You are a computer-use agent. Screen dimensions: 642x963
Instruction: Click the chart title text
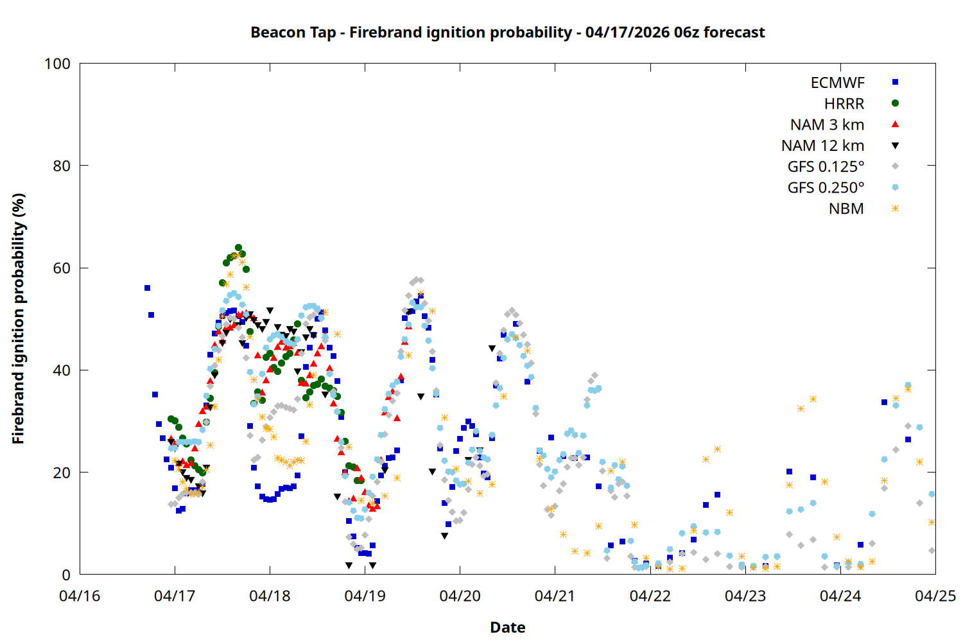(x=507, y=32)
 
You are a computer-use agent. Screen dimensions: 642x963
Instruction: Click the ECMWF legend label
(x=837, y=83)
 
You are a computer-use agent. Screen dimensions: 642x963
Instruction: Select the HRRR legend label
(x=844, y=104)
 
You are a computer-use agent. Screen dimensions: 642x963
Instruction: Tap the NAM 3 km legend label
(x=827, y=125)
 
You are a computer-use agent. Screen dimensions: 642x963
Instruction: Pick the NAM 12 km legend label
(x=822, y=146)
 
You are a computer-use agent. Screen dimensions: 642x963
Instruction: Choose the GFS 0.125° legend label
(x=826, y=167)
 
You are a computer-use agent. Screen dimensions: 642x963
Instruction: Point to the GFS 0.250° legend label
(x=826, y=188)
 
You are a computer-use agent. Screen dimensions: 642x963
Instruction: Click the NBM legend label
(x=846, y=209)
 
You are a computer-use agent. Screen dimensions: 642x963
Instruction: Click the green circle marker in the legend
(x=895, y=103)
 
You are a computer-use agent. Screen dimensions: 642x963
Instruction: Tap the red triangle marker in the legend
(x=895, y=124)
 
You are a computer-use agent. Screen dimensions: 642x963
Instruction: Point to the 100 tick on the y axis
(x=57, y=64)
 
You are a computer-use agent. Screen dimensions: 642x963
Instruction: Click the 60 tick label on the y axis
(x=62, y=268)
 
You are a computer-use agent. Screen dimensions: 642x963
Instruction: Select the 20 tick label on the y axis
(x=62, y=473)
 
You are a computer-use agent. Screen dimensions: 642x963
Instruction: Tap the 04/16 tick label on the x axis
(x=80, y=596)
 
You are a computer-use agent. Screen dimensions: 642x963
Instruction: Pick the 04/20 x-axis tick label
(x=460, y=596)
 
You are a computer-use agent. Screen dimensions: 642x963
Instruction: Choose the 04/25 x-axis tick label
(x=935, y=596)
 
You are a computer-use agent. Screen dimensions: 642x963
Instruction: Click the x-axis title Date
(x=507, y=627)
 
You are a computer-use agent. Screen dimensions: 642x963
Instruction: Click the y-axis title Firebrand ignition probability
(x=18, y=318)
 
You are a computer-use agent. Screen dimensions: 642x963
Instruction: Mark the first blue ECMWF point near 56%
(x=147, y=288)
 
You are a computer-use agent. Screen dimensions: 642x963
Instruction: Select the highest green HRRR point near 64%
(x=238, y=248)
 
